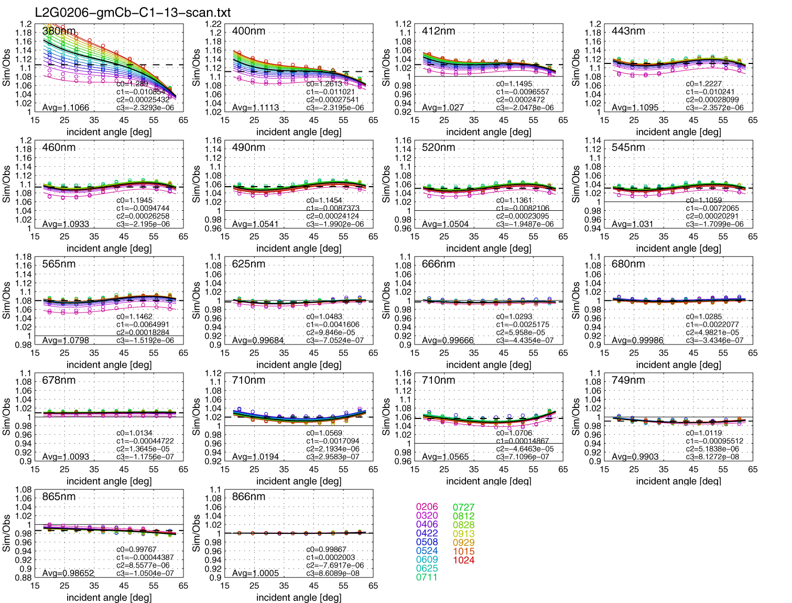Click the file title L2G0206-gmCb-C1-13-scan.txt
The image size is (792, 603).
pyautogui.click(x=133, y=13)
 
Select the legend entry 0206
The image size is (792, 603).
pyautogui.click(x=427, y=507)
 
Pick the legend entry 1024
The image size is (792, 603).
pyautogui.click(x=463, y=560)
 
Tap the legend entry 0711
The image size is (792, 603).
pyautogui.click(x=427, y=577)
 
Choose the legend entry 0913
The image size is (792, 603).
pyautogui.click(x=463, y=534)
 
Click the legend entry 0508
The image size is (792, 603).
pyautogui.click(x=427, y=542)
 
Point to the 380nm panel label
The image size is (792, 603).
pyautogui.click(x=59, y=31)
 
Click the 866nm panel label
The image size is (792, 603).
pyautogui.click(x=248, y=497)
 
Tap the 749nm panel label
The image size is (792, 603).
pyautogui.click(x=628, y=380)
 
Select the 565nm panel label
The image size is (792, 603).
pyautogui.click(x=59, y=264)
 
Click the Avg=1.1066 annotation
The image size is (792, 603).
pyautogui.click(x=66, y=107)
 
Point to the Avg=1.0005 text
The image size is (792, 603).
pyautogui.click(x=255, y=573)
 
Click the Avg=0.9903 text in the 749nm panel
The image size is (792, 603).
pyautogui.click(x=635, y=457)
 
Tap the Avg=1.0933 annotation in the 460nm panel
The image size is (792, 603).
pyautogui.click(x=66, y=224)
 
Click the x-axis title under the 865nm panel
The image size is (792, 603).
pyautogui.click(x=109, y=597)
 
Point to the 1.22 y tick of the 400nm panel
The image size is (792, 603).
pyautogui.click(x=213, y=24)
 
